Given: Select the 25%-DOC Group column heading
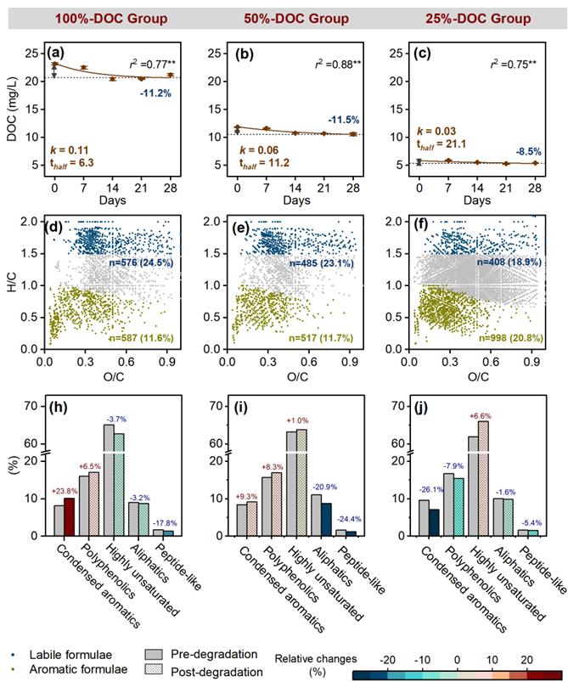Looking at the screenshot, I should click(x=479, y=19).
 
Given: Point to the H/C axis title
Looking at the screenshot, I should click(x=12, y=283).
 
